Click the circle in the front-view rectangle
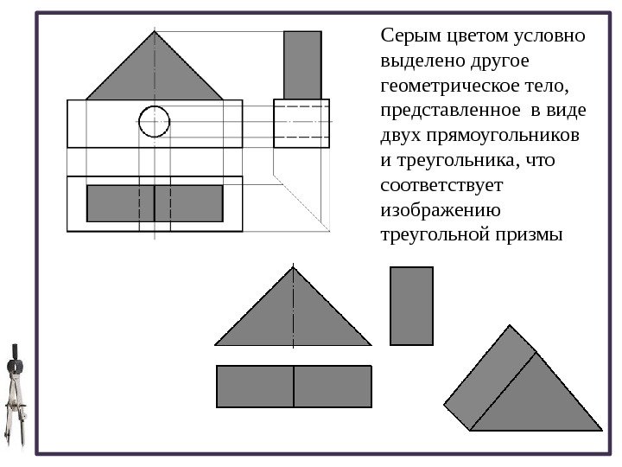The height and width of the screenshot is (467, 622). (155, 121)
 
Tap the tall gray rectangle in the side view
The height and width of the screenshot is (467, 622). (302, 65)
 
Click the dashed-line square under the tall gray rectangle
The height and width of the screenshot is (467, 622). (301, 124)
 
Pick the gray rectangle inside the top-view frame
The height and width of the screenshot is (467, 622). (155, 203)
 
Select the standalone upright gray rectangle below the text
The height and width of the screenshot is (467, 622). (411, 306)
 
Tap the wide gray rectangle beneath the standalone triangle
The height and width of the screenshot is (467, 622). (294, 386)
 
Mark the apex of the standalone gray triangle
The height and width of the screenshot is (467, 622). (294, 268)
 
